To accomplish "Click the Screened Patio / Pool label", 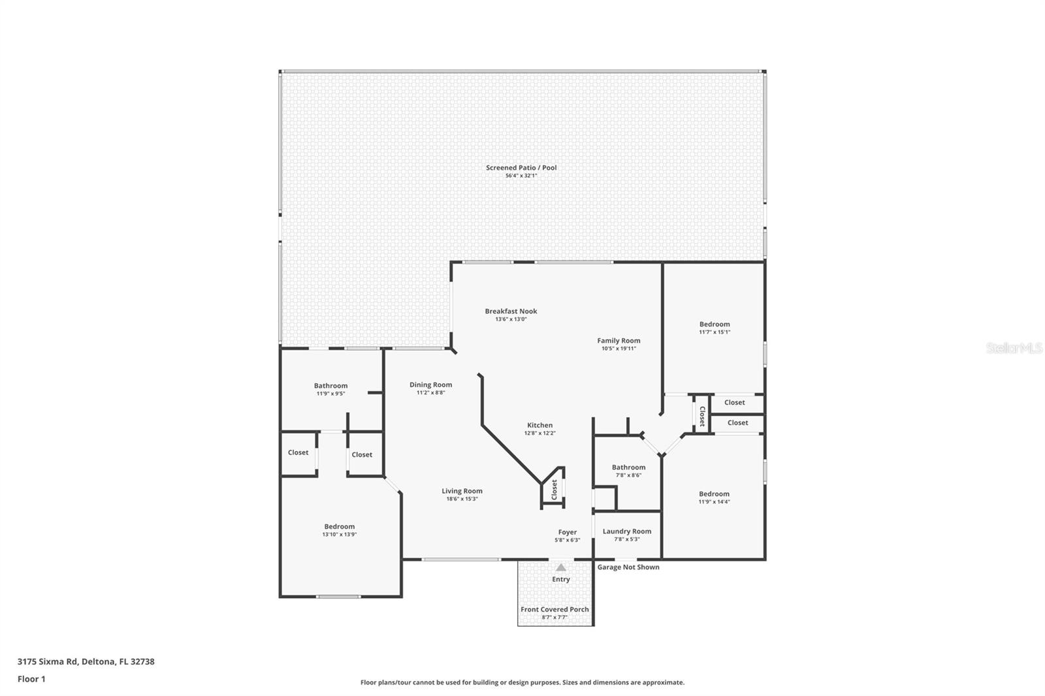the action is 521,167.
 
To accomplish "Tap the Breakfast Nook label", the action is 511,311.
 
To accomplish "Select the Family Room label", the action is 619,341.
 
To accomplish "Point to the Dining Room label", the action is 430,385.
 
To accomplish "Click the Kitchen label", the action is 539,425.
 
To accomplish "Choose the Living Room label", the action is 462,491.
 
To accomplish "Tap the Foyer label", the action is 568,532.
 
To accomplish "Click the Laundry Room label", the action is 626,531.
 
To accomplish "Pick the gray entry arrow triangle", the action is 561,568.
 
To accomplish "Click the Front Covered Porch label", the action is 555,609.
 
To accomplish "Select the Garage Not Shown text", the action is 628,567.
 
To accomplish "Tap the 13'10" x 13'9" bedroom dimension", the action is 340,535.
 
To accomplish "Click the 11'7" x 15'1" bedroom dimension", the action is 715,332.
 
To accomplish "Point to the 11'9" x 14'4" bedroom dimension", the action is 715,502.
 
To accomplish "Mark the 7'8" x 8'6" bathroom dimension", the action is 629,475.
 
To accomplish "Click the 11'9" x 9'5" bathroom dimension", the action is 330,394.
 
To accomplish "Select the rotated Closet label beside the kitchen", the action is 555,490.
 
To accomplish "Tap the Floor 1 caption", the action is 32,679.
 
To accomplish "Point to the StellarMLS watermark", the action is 1014,348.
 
